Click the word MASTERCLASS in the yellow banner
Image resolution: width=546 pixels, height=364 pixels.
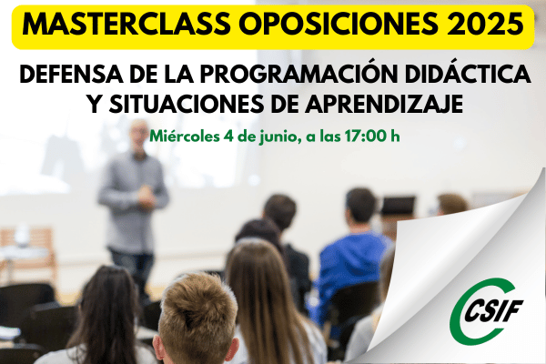126,25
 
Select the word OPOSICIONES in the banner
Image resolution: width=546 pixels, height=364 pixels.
339,25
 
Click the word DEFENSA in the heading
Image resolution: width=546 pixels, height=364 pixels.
71,75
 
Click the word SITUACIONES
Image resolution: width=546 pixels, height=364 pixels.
187,104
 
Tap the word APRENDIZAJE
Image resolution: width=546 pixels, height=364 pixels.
384,104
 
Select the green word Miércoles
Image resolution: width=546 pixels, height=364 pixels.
184,136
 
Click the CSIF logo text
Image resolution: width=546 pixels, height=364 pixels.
494,310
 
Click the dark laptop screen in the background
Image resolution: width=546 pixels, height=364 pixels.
398,206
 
